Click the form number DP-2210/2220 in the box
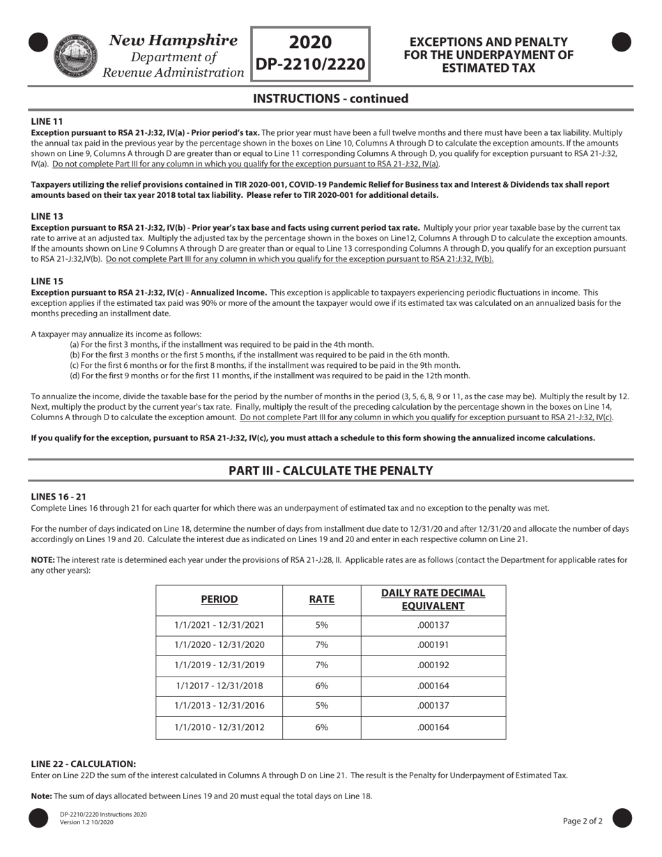pos(310,64)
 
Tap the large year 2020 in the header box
pos(310,42)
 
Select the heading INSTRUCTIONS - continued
pos(330,98)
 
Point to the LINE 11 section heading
pos(47,121)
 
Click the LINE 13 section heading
pos(47,216)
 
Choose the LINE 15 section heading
pos(47,281)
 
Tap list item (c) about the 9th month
pos(265,364)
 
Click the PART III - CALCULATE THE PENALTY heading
pos(330,470)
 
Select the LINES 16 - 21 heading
pos(59,496)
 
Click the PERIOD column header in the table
pos(220,599)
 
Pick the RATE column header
pos(321,599)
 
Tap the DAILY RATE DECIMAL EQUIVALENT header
pos(433,599)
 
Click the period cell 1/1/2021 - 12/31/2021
pos(220,625)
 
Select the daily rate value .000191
pos(433,645)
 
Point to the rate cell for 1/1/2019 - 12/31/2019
pos(321,665)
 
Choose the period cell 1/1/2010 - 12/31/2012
pos(220,727)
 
